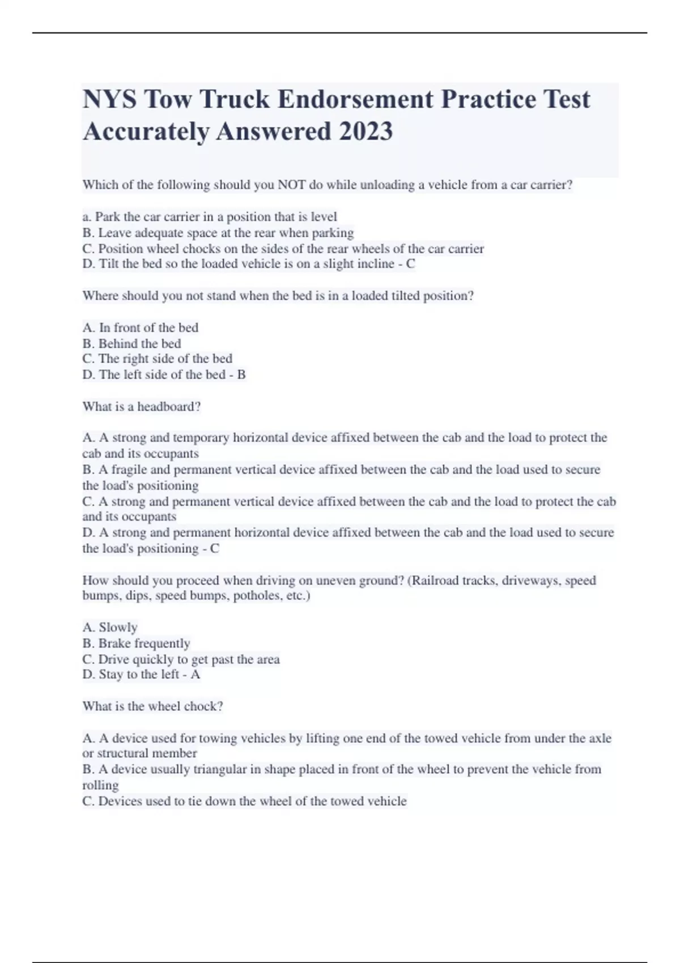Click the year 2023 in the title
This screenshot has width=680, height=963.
pyautogui.click(x=365, y=131)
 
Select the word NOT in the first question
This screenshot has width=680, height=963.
pyautogui.click(x=291, y=185)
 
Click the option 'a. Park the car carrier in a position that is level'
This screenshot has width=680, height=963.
pyautogui.click(x=210, y=217)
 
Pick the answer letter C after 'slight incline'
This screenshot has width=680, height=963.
pyautogui.click(x=410, y=264)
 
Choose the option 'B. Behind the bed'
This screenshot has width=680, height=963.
pyautogui.click(x=131, y=344)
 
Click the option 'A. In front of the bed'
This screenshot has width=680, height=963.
pyautogui.click(x=141, y=328)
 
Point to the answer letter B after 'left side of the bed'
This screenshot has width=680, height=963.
pyautogui.click(x=241, y=375)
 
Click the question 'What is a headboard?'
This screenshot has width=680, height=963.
pyautogui.click(x=142, y=407)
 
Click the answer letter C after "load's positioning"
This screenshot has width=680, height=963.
pyautogui.click(x=215, y=549)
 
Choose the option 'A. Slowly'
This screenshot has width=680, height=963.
pyautogui.click(x=110, y=628)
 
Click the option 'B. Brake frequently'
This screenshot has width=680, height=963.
pyautogui.click(x=136, y=644)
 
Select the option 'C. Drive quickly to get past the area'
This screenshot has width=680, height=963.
pyautogui.click(x=181, y=659)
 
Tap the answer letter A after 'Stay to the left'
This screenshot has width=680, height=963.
pyautogui.click(x=195, y=675)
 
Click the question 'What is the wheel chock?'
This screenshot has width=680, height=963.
pyautogui.click(x=153, y=706)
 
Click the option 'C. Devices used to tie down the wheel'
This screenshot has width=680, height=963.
pyautogui.click(x=244, y=802)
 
